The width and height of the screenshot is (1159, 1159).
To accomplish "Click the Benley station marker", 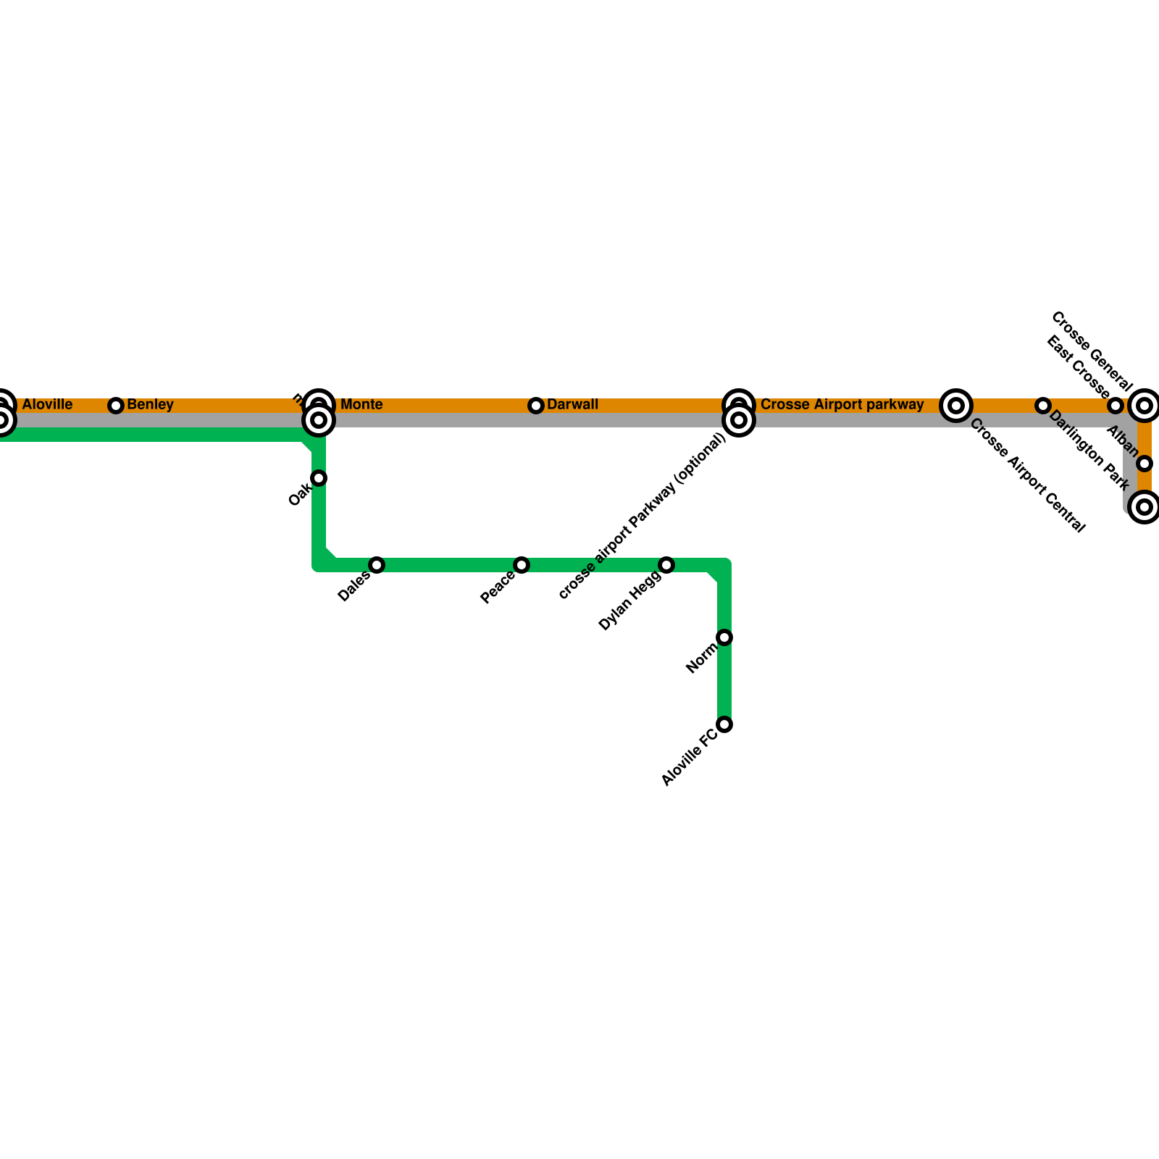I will tap(116, 406).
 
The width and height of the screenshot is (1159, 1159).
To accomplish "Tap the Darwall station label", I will tap(572, 404).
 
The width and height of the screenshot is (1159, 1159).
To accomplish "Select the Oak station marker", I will tap(319, 478).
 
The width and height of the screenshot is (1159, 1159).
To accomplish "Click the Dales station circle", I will tap(377, 565).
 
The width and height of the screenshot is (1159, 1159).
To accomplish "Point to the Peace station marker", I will tap(522, 565).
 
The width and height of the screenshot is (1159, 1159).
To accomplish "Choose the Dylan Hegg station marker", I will tap(666, 565).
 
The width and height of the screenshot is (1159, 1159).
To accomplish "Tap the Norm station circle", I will tap(724, 637).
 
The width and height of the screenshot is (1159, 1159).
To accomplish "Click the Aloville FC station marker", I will tap(724, 724).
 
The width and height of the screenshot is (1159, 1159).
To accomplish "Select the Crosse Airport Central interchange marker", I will tap(956, 406).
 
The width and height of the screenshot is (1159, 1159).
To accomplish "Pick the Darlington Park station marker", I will tap(1043, 406).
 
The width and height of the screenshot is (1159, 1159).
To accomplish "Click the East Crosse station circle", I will tap(1116, 406).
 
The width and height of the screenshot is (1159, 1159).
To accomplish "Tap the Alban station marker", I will tap(1145, 464).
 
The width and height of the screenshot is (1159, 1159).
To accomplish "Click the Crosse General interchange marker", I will tap(1145, 406).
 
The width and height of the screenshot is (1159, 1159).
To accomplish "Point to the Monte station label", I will tap(361, 404).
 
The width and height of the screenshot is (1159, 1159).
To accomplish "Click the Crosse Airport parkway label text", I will tap(842, 404).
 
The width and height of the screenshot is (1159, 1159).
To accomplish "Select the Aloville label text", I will tap(47, 404).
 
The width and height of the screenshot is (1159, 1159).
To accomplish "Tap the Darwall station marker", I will tap(536, 406).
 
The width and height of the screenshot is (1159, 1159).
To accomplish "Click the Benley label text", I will tap(150, 404).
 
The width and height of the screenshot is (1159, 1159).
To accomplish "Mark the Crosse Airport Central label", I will tap(1027, 475).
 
